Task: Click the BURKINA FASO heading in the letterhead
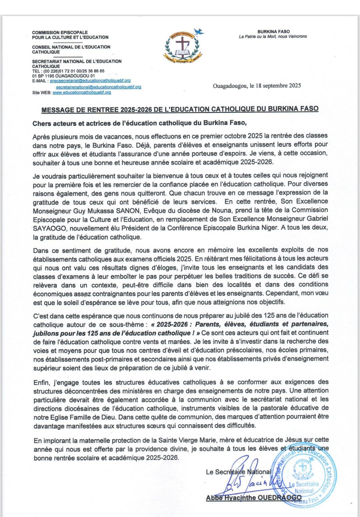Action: [x=273, y=32]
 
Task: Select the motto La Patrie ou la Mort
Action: [x=273, y=37]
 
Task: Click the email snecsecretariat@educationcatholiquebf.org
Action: [x=90, y=81]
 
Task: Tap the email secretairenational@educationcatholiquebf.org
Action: [x=98, y=87]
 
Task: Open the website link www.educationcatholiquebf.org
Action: [x=82, y=93]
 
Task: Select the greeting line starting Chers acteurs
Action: [x=139, y=123]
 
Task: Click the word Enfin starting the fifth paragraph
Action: [x=41, y=382]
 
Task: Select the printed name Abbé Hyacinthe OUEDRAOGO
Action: [x=253, y=498]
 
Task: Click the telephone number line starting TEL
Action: [x=68, y=71]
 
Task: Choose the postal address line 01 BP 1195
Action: [x=63, y=76]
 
